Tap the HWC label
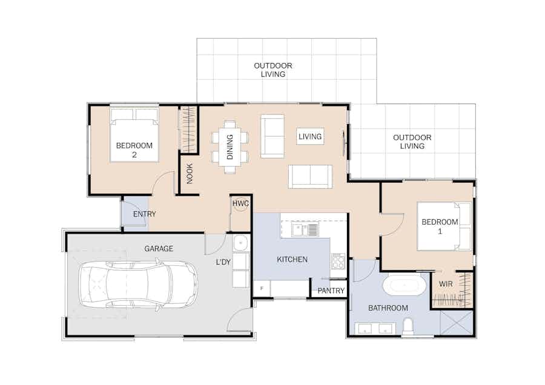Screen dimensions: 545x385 pyautogui.click(x=240, y=203)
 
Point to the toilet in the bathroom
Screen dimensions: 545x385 pyautogui.click(x=408, y=327)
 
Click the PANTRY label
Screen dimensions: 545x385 pyautogui.click(x=331, y=291)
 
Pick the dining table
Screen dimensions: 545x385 pyautogui.click(x=230, y=147)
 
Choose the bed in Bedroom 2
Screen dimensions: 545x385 pyautogui.click(x=134, y=135)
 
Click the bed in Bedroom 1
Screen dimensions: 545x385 pyautogui.click(x=444, y=226)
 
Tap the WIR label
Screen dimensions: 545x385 pyautogui.click(x=446, y=284)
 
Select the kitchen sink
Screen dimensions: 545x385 pyautogui.click(x=305, y=229)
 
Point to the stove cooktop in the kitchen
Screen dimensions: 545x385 pyautogui.click(x=338, y=262)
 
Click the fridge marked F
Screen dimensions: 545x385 pyautogui.click(x=262, y=288)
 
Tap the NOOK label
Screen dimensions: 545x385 pyautogui.click(x=190, y=174)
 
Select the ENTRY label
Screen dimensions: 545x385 pyautogui.click(x=145, y=214)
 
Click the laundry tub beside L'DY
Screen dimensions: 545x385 pyautogui.click(x=240, y=243)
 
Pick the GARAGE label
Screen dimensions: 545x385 pyautogui.click(x=159, y=248)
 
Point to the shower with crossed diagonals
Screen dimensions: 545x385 pyautogui.click(x=457, y=323)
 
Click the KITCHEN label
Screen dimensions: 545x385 pyautogui.click(x=292, y=259)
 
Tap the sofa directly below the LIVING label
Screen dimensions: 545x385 pyautogui.click(x=310, y=177)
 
